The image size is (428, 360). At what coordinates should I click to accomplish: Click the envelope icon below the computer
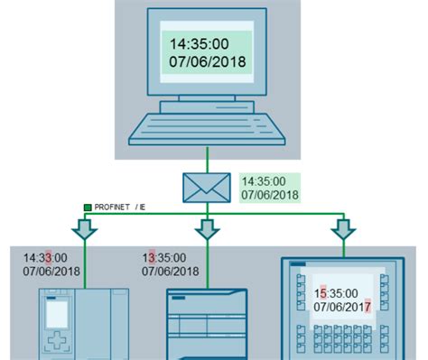point(208,187)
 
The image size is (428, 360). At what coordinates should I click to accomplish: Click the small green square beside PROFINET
point(87,208)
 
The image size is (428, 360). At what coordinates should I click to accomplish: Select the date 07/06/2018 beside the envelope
point(269,194)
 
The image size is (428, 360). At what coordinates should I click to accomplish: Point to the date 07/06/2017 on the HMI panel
point(343,308)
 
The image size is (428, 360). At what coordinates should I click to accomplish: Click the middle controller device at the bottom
point(207,325)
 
